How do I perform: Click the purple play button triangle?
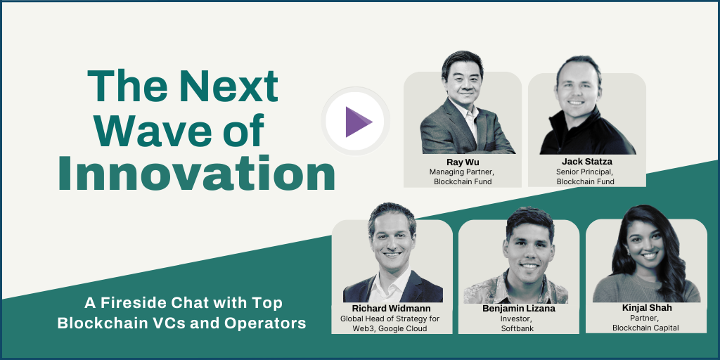(357, 122)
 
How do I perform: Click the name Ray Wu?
(463, 162)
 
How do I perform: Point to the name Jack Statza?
(587, 162)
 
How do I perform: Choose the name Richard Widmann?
(392, 309)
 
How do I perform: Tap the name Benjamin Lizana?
(519, 309)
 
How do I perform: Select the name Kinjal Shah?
(646, 308)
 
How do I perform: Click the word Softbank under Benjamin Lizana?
(517, 328)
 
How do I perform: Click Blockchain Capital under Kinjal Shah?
(645, 328)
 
